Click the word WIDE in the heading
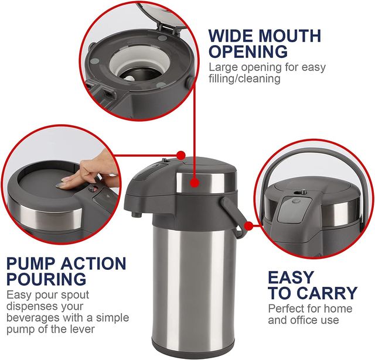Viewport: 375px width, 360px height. coord(231,36)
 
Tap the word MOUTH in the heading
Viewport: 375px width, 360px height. coord(289,36)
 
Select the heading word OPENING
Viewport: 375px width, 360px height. coord(248,52)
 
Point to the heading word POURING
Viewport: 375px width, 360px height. coord(46,279)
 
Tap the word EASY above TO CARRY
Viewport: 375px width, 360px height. coord(291,277)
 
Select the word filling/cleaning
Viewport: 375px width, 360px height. coord(244,78)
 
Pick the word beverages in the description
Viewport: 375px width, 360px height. coord(33,318)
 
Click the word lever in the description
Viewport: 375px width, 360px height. coord(83,329)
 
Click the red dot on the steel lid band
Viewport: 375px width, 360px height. coord(195,183)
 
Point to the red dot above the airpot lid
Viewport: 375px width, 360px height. coord(181,155)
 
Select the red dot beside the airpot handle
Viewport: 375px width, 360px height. coord(248,225)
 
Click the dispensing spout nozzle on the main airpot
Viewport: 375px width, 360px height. coord(137,214)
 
